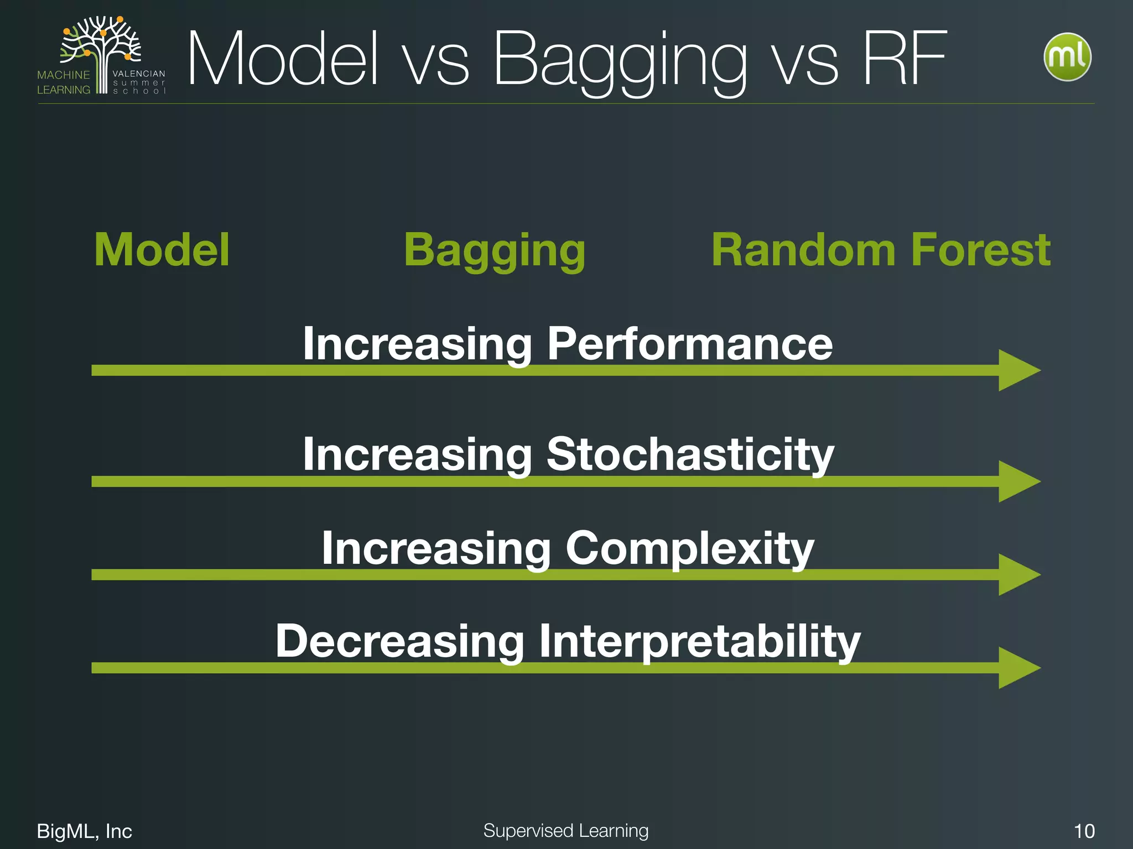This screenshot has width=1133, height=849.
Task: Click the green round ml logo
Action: coord(1067,57)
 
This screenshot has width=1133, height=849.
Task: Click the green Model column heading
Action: coord(162,250)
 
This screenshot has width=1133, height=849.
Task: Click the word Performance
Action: coord(689,344)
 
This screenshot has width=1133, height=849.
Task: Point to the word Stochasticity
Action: coord(690,455)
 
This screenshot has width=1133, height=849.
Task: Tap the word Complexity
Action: coord(689,549)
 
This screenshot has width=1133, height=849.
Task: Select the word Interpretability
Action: coord(699,642)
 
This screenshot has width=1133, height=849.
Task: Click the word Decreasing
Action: coord(399,642)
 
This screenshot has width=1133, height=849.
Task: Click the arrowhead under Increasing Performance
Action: coord(1017,370)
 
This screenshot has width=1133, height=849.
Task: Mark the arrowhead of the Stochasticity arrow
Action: coord(1017,481)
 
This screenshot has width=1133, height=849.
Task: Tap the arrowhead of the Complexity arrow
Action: coord(1017,575)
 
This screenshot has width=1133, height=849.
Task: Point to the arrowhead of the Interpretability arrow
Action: coord(1017,668)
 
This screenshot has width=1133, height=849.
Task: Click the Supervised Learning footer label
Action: coord(565,831)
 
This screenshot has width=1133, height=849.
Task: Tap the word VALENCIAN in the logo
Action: coord(138,74)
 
